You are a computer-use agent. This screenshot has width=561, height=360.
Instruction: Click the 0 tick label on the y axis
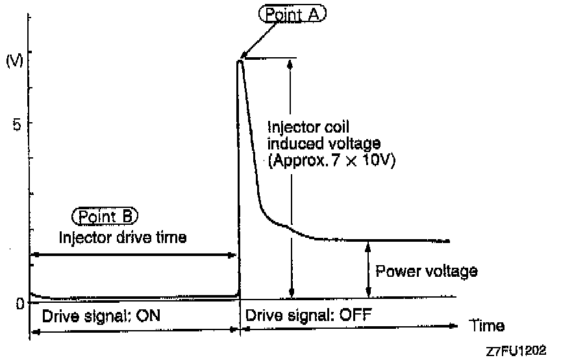[19, 302]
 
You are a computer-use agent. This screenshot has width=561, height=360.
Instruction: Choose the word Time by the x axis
[486, 325]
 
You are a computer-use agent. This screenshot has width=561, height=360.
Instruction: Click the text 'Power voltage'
[427, 271]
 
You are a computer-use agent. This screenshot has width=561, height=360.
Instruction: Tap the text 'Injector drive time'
[123, 237]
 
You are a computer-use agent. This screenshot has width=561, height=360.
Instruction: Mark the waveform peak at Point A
[240, 60]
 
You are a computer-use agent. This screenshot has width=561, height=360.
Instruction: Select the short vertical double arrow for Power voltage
[368, 269]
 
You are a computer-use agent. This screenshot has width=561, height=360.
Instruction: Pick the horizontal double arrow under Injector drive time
[132, 255]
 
